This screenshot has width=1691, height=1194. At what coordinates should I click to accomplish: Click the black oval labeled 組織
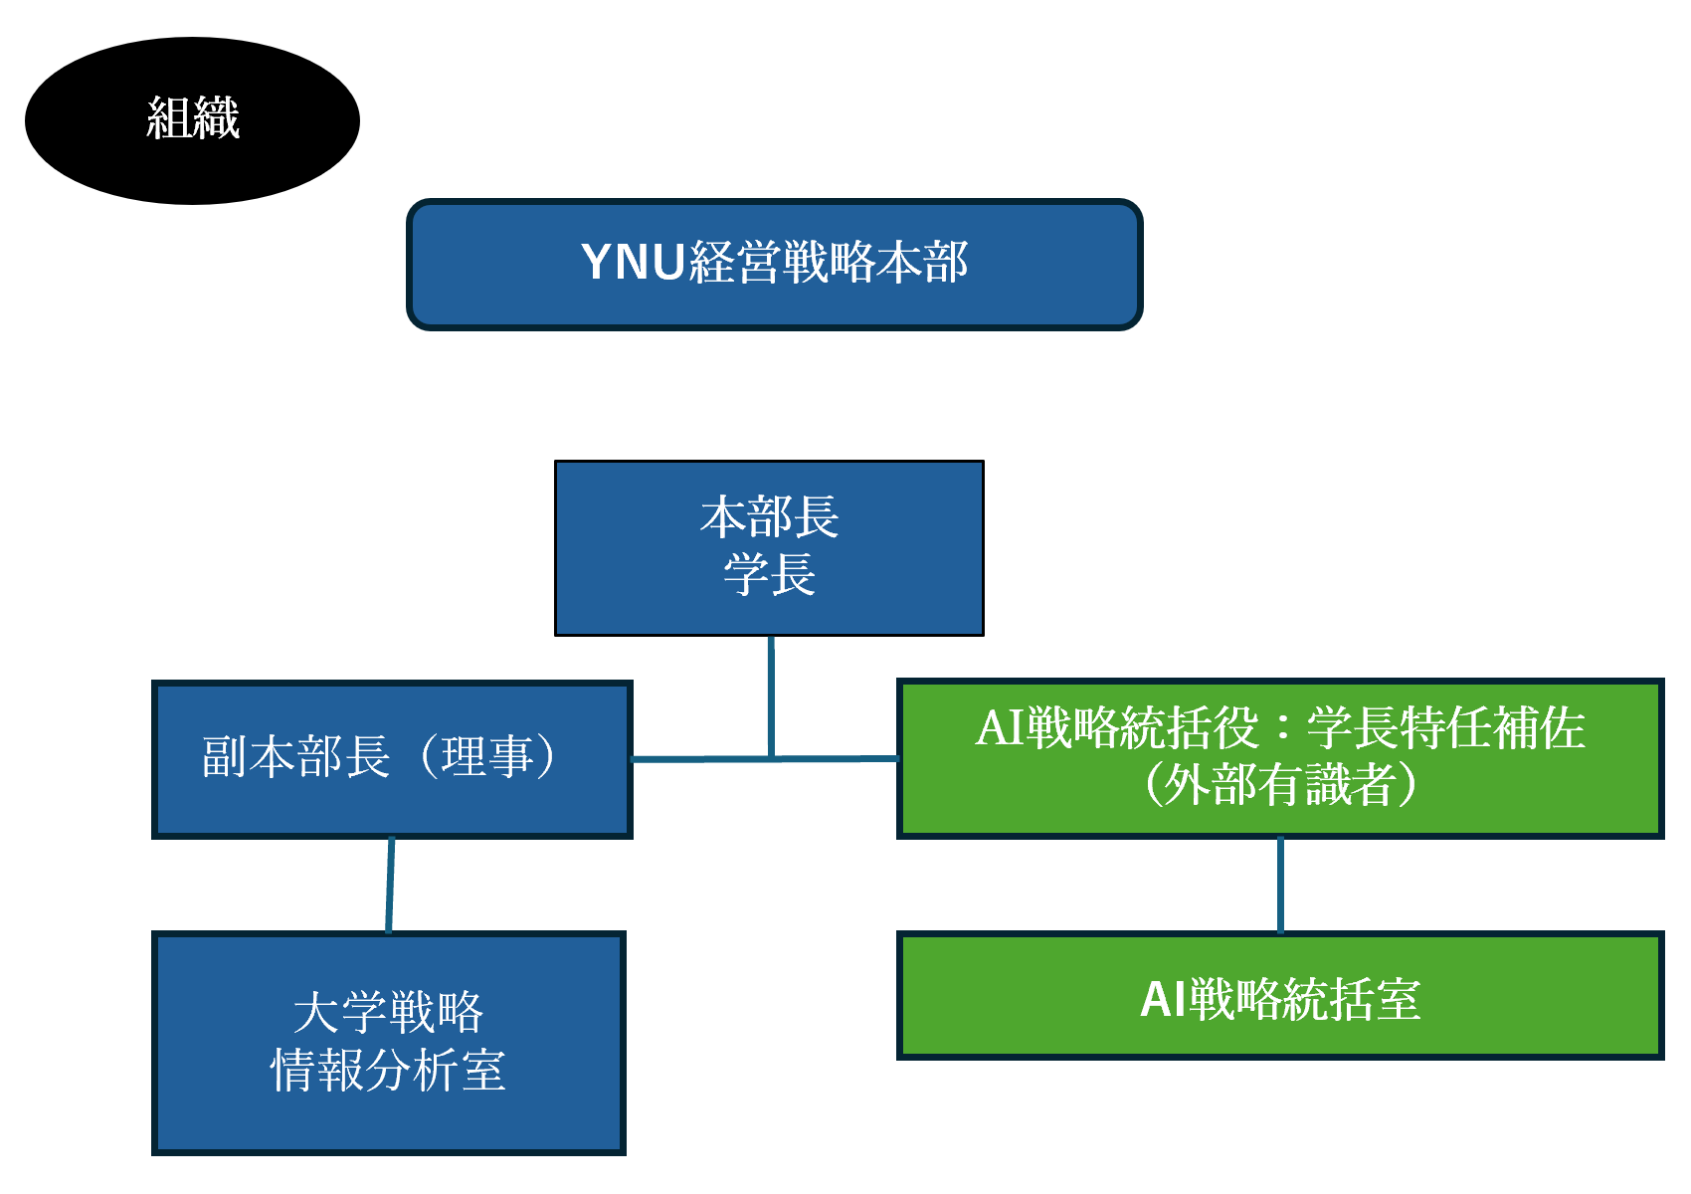193,120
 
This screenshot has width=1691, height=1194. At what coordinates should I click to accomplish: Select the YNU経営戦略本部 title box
775,265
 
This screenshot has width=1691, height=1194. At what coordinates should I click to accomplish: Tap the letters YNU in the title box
633,262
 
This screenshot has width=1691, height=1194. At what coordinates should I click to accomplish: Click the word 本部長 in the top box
769,517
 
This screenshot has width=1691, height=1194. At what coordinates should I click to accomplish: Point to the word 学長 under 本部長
769,574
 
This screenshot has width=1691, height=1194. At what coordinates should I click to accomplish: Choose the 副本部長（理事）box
392,760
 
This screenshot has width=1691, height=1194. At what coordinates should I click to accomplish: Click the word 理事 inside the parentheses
487,757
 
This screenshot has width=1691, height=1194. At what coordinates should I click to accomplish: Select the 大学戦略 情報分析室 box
389,1043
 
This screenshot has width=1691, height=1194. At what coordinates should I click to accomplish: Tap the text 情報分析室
388,1071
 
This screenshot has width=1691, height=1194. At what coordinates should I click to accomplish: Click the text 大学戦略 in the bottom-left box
388,1012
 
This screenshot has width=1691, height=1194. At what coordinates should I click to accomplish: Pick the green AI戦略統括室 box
1280,995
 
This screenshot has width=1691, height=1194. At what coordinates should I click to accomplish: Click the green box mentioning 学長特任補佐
1280,759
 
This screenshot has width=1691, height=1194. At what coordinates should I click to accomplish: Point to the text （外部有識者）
1280,784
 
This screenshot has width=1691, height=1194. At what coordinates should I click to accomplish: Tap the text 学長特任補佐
1445,728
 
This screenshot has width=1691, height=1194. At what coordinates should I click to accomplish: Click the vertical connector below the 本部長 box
771,696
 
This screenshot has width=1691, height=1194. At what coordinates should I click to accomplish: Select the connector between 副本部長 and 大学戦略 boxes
390,886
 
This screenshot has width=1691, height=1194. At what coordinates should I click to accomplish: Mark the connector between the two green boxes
1280,886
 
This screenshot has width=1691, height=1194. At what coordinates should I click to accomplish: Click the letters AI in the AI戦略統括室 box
1164,999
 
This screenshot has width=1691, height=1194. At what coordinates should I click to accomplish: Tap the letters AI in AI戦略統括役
1001,728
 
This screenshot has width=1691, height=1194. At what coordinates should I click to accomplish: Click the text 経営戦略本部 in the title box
829,262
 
